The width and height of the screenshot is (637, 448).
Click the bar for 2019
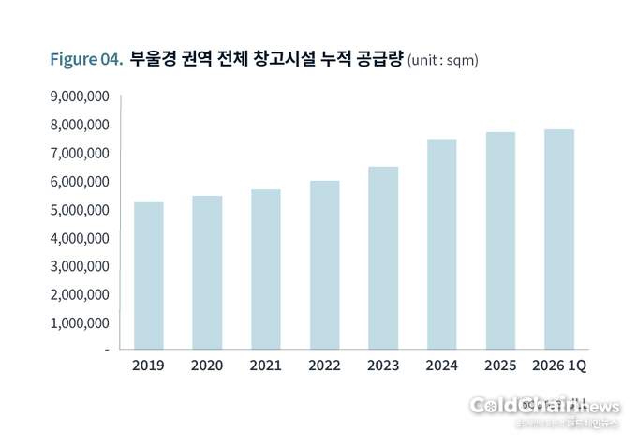point(149,276)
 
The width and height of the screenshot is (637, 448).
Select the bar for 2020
point(207,273)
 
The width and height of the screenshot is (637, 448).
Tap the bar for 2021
point(265,270)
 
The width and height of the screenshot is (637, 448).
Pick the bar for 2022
point(324,265)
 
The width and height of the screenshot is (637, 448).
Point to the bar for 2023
point(382,258)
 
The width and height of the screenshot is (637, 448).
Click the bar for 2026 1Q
point(558,239)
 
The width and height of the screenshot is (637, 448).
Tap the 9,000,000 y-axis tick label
point(80,97)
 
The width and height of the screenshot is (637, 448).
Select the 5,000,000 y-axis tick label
point(80,210)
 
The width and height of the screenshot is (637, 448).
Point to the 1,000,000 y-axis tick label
point(80,323)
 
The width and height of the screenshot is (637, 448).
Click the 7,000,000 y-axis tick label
point(80,153)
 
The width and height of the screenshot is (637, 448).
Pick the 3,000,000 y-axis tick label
point(80,266)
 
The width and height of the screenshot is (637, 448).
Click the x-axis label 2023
point(382,365)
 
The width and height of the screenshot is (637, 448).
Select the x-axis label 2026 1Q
point(558,365)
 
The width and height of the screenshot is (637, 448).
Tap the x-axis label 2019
point(149,365)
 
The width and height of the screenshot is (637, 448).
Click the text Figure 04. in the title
point(86,60)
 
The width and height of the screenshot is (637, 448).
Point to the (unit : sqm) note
point(443,61)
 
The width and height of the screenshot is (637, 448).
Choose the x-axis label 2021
point(265,365)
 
